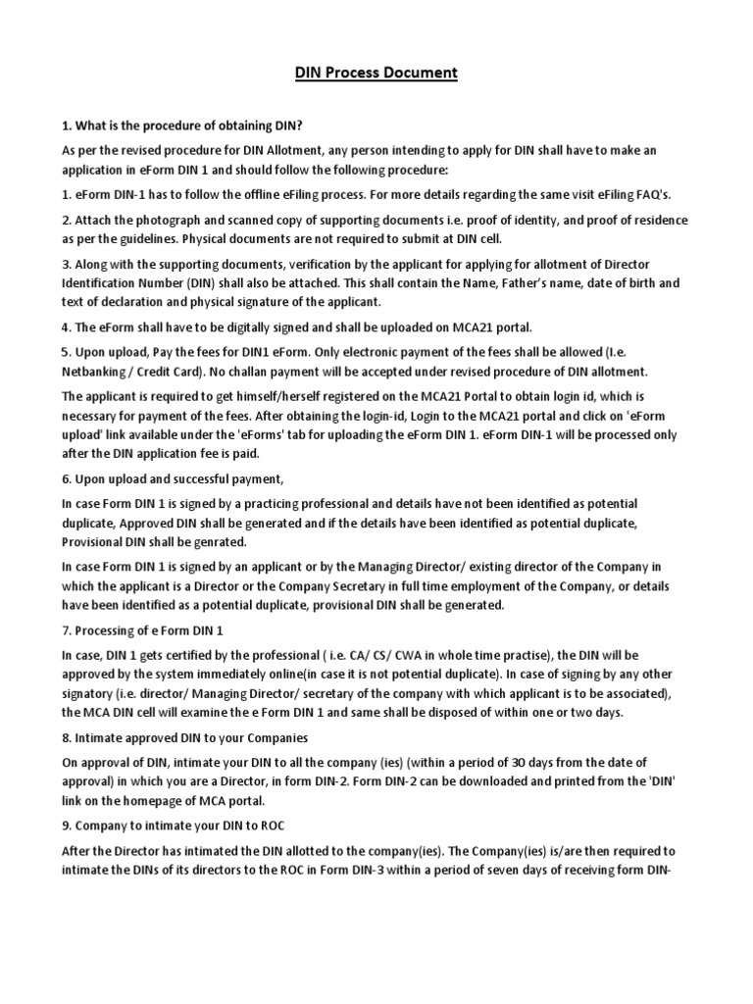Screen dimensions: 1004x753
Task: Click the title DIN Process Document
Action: [376, 74]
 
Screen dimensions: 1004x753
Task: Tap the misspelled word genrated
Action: [222, 542]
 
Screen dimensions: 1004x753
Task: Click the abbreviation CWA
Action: [435, 655]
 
